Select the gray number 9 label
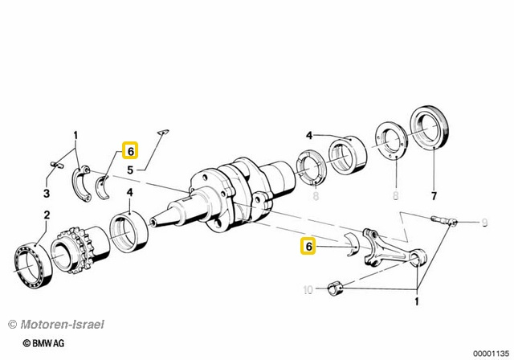point(484,222)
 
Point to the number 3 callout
point(46,194)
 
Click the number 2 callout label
point(46,215)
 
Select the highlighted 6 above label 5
point(129,150)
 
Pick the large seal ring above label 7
point(430,129)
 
